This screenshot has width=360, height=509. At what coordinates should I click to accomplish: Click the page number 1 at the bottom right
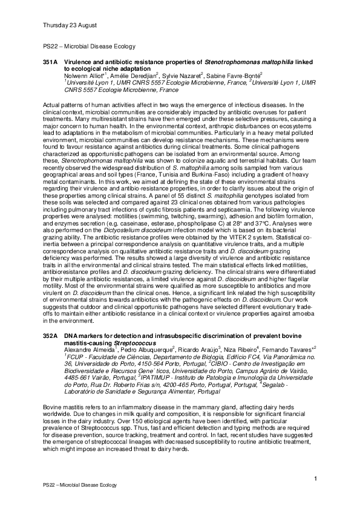coord(316,479)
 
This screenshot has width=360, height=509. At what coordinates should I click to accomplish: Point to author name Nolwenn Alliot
coord(82,77)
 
